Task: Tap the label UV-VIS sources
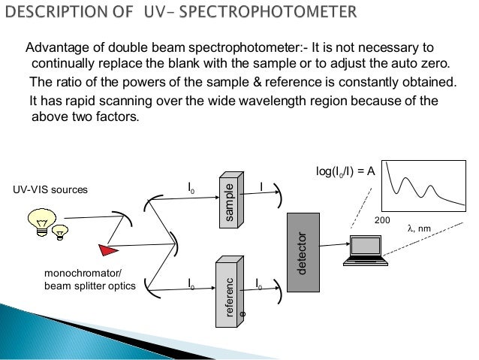pyautogui.click(x=50, y=190)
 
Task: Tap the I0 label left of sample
pyautogui.click(x=192, y=185)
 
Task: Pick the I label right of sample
pyautogui.click(x=261, y=185)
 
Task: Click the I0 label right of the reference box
pyautogui.click(x=260, y=284)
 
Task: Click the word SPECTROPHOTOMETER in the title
pyautogui.click(x=276, y=14)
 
